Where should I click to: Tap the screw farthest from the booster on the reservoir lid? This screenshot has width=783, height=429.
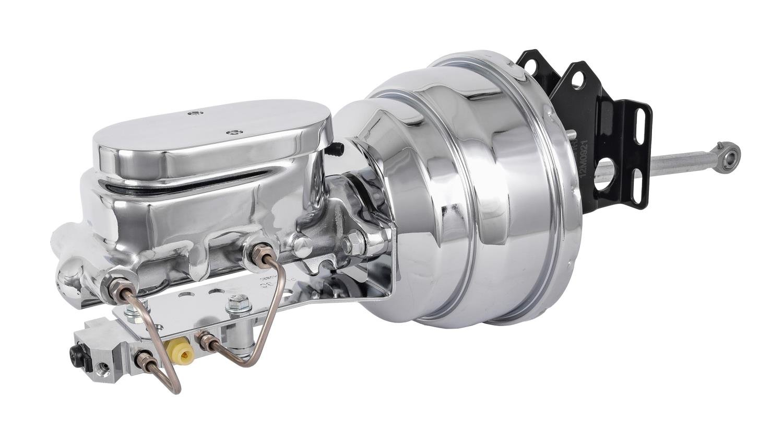[x=194, y=112]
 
